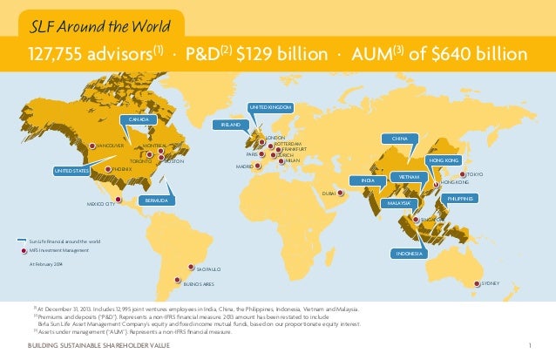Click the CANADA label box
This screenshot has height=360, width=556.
click(139, 119)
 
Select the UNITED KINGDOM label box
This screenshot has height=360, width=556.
click(270, 107)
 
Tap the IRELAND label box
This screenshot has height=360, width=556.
click(230, 126)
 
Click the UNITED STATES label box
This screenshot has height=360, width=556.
click(72, 171)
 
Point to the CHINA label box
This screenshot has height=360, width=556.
click(400, 139)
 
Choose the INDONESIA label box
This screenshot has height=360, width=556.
click(409, 253)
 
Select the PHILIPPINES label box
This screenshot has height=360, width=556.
click(461, 199)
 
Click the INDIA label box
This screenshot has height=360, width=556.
click(367, 180)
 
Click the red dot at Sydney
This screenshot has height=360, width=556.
click(475, 283)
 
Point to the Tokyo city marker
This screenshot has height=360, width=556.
click(462, 175)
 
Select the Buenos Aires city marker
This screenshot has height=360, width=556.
click(177, 282)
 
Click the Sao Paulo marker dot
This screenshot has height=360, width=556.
click(191, 269)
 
